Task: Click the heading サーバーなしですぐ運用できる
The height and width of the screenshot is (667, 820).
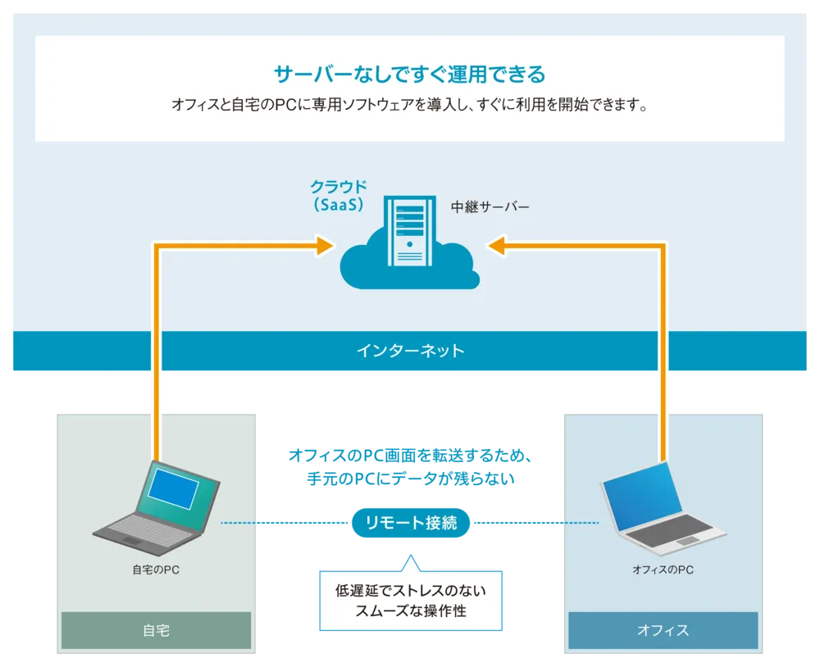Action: pyautogui.click(x=409, y=75)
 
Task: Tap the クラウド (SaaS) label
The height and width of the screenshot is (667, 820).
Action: pyautogui.click(x=339, y=196)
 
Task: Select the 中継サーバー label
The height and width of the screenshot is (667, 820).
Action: pyautogui.click(x=490, y=206)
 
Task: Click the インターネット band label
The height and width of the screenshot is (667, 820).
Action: pyautogui.click(x=410, y=351)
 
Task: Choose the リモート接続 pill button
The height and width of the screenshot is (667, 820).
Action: pyautogui.click(x=410, y=522)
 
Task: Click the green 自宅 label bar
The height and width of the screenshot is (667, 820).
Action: pyautogui.click(x=156, y=630)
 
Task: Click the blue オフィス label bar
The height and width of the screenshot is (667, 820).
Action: pyautogui.click(x=663, y=630)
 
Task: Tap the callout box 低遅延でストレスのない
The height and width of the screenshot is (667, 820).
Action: pyautogui.click(x=410, y=591)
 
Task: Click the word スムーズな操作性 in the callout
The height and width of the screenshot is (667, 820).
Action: pyautogui.click(x=410, y=611)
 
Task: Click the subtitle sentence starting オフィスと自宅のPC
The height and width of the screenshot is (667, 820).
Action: pyautogui.click(x=409, y=106)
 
